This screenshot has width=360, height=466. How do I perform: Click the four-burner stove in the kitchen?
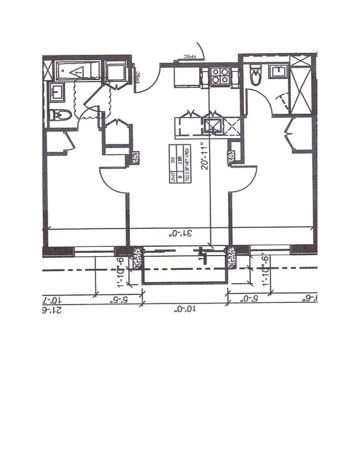click(220, 76)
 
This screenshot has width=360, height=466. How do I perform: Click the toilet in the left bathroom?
click(61, 115)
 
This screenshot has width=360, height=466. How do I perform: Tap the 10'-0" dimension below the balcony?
click(184, 310)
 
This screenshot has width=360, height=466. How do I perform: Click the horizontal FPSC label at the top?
click(186, 57)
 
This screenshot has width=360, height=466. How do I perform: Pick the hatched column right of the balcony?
click(231, 257)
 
